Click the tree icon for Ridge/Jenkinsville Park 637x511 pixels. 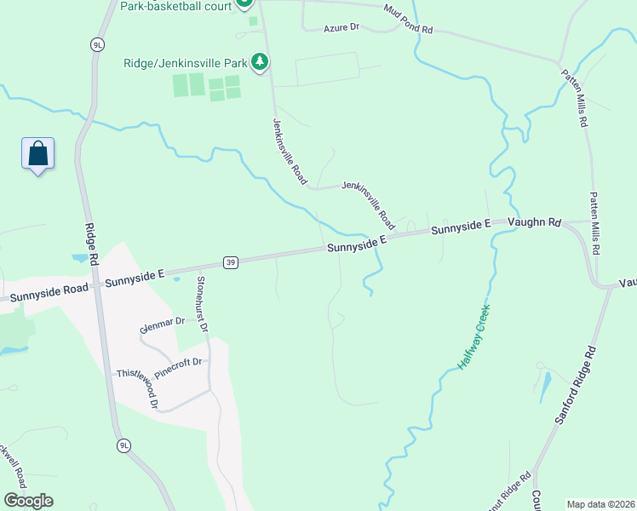[x=260, y=62]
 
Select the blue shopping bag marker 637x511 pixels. [x=37, y=154]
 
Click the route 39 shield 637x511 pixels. [x=231, y=262]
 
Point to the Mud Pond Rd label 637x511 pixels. [x=408, y=19]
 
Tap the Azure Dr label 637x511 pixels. [x=341, y=28]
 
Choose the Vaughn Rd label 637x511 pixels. [x=534, y=223]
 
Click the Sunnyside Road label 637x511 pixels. [x=49, y=289]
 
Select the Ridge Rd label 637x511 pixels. [x=91, y=253]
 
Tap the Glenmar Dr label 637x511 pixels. [x=164, y=324]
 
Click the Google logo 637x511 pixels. [x=28, y=501]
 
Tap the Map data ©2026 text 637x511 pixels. [x=600, y=504]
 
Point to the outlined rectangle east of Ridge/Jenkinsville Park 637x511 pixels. [x=328, y=70]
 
